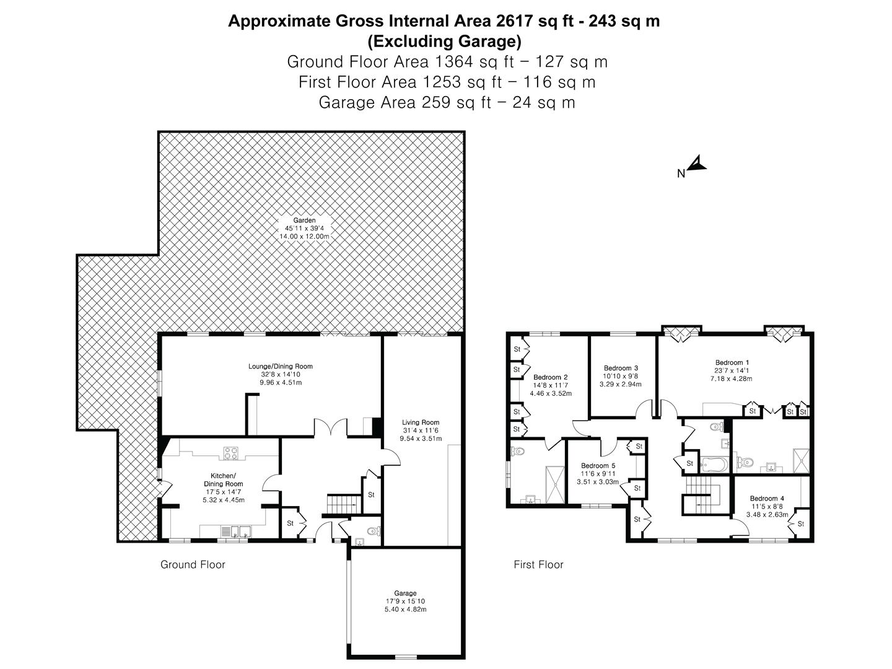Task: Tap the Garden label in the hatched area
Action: tap(304, 221)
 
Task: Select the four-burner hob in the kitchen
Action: tap(232, 453)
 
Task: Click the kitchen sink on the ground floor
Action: tap(240, 531)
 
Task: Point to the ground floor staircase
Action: tap(344, 504)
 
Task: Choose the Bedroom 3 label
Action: tap(621, 368)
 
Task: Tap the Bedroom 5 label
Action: tap(598, 466)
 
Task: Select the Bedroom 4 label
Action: tap(767, 498)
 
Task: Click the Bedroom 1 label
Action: tap(732, 362)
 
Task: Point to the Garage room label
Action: tap(406, 593)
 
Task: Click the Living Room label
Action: tap(421, 422)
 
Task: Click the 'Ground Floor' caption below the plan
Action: tap(193, 564)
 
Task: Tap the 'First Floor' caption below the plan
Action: tap(538, 564)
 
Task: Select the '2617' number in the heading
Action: tap(516, 21)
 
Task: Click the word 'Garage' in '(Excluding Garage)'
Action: tap(486, 42)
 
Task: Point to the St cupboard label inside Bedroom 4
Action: tap(800, 524)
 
